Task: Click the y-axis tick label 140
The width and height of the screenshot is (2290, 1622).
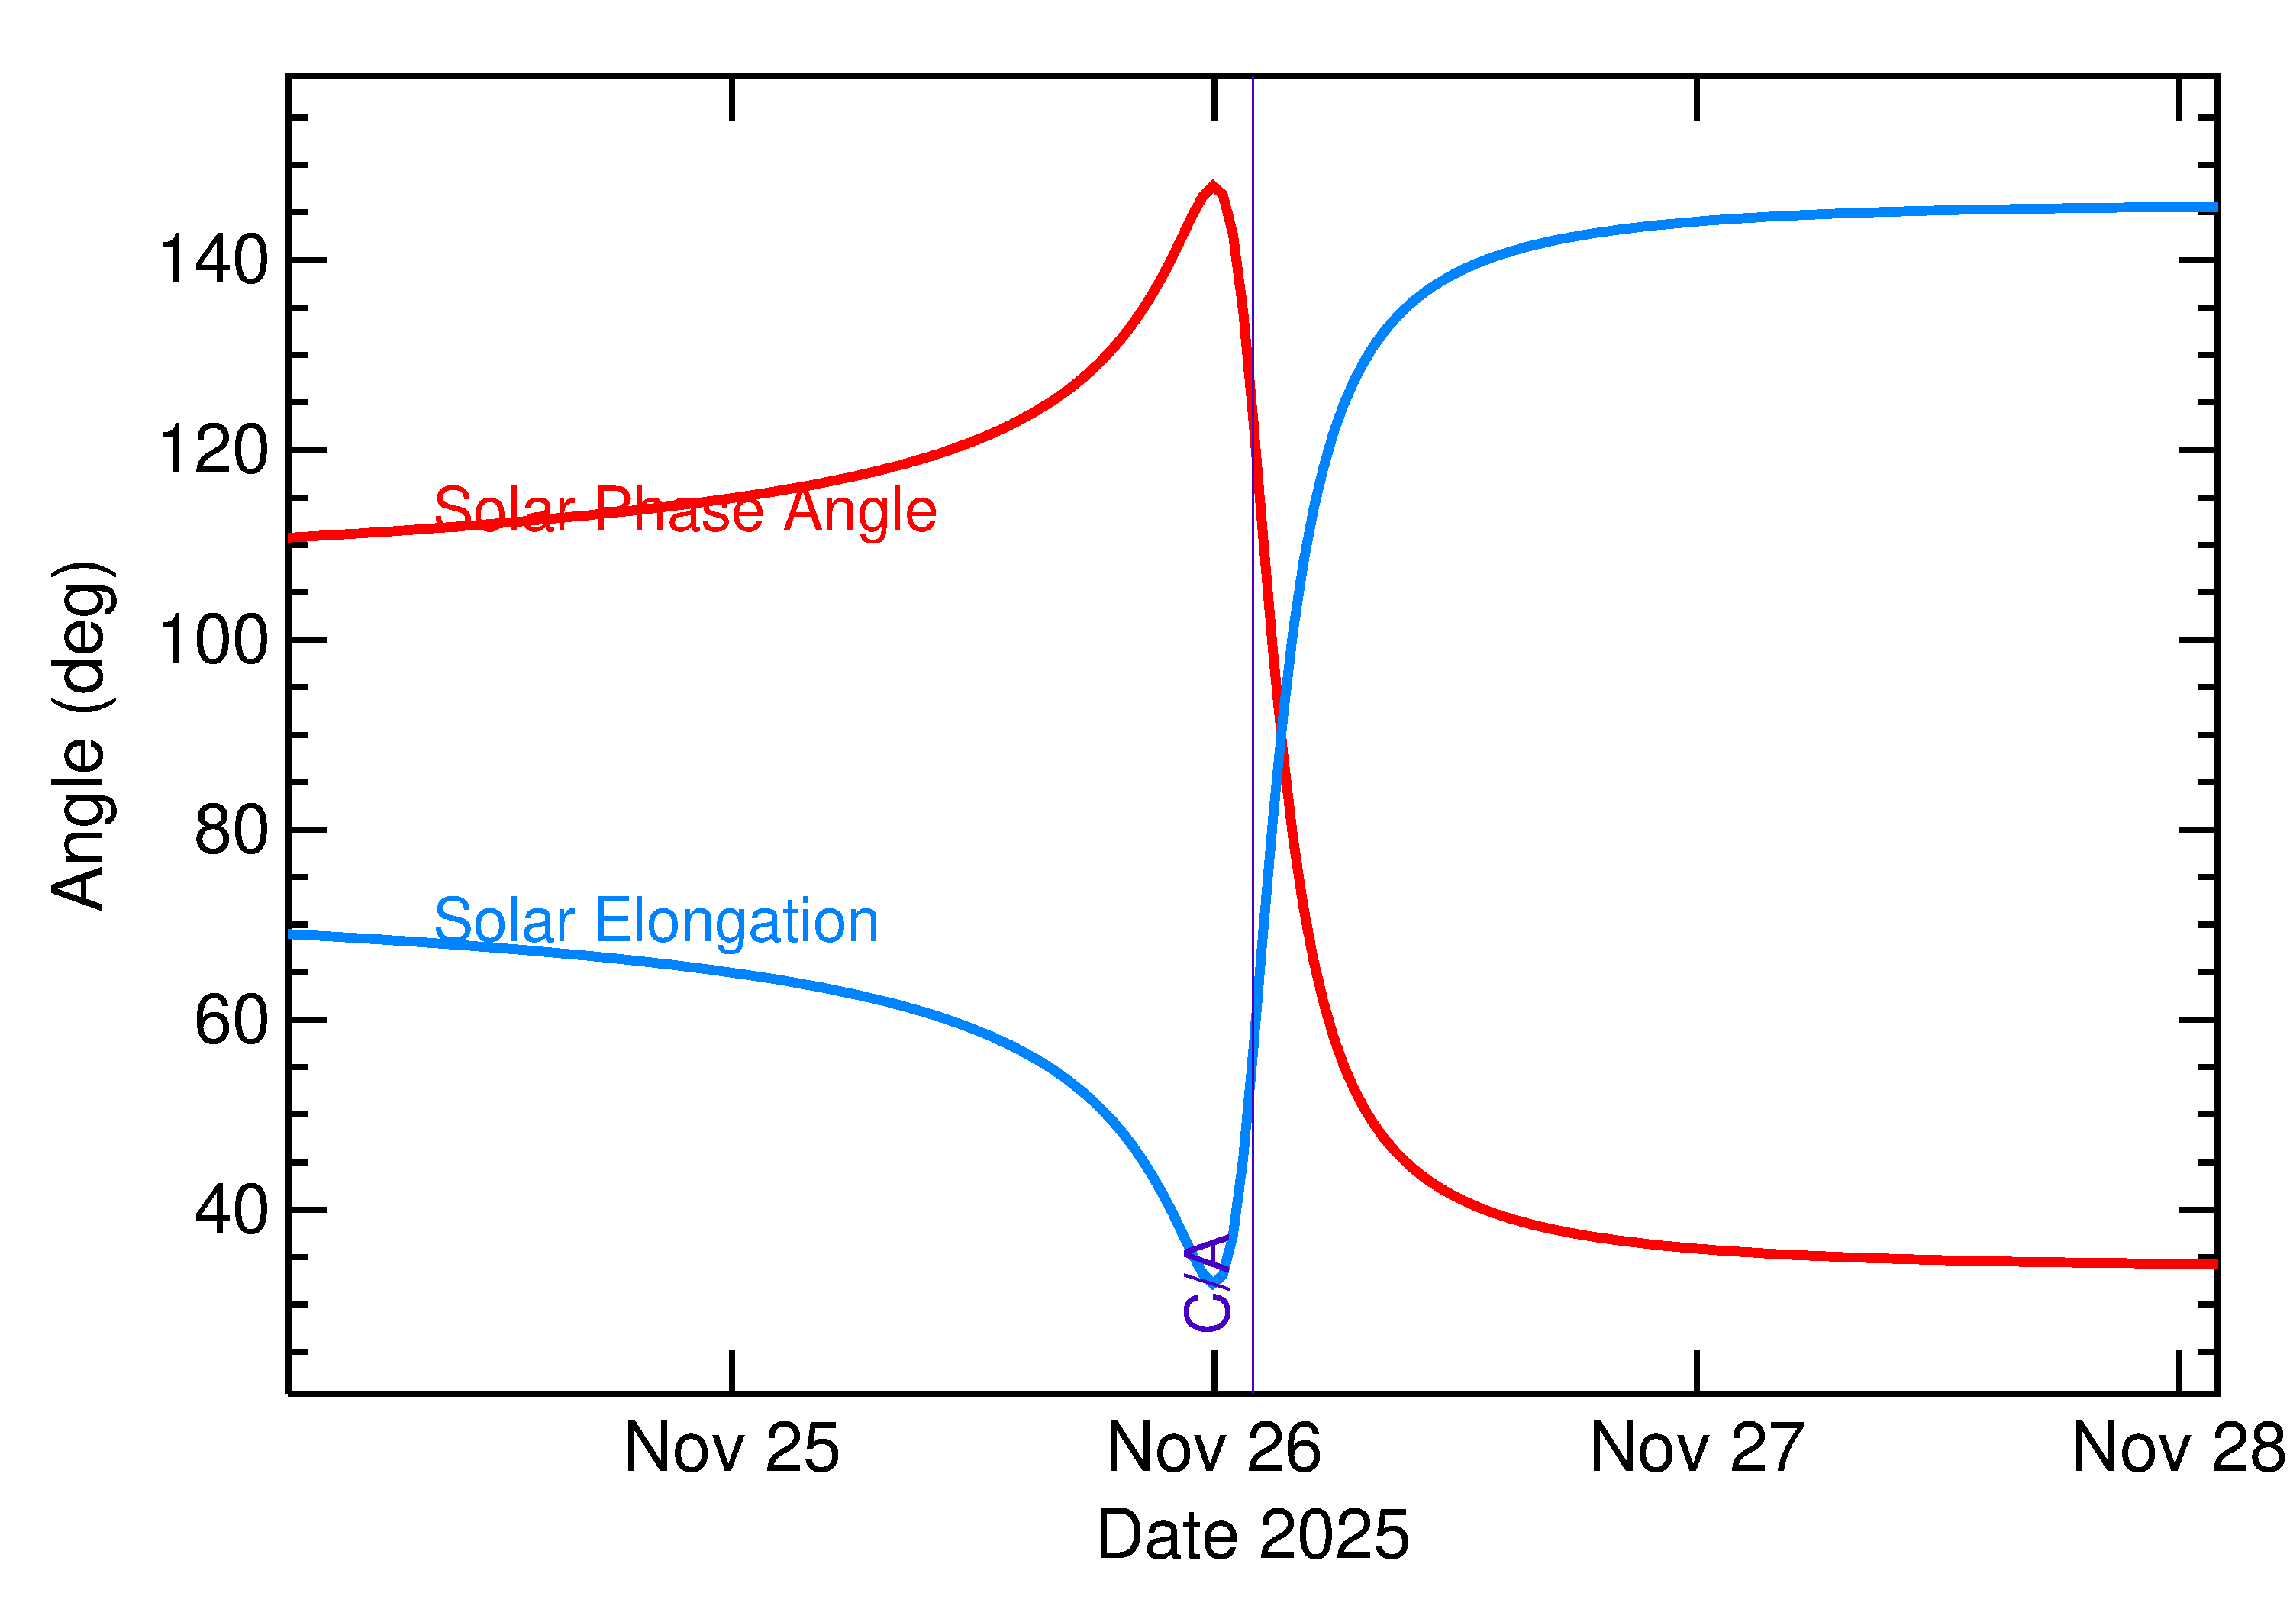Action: pos(213,261)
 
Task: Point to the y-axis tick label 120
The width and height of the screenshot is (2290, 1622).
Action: pos(213,450)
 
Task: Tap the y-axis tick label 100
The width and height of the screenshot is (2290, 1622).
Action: pos(213,640)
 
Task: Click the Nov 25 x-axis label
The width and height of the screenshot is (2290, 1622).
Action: pos(731,1448)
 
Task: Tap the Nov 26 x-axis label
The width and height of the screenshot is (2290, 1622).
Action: pos(1214,1448)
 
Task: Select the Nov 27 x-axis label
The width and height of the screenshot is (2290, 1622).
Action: pos(1696,1448)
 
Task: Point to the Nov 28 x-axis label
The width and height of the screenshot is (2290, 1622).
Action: pos(2177,1448)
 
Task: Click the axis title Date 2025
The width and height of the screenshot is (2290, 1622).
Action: pos(1253,1535)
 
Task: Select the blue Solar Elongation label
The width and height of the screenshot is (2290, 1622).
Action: pos(656,920)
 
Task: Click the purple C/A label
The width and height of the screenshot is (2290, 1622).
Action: pos(1206,1283)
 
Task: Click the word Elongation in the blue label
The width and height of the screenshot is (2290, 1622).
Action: pos(736,920)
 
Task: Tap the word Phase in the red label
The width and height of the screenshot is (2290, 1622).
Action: pos(679,511)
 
